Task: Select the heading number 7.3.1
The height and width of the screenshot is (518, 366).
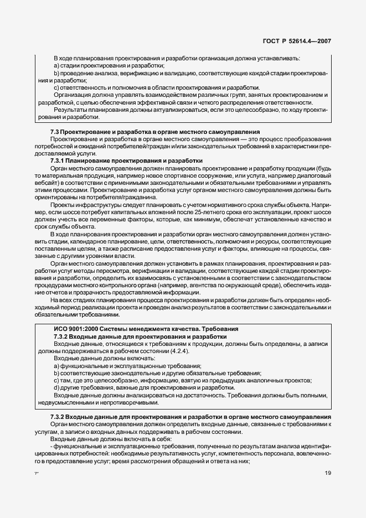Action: click(x=60, y=160)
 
